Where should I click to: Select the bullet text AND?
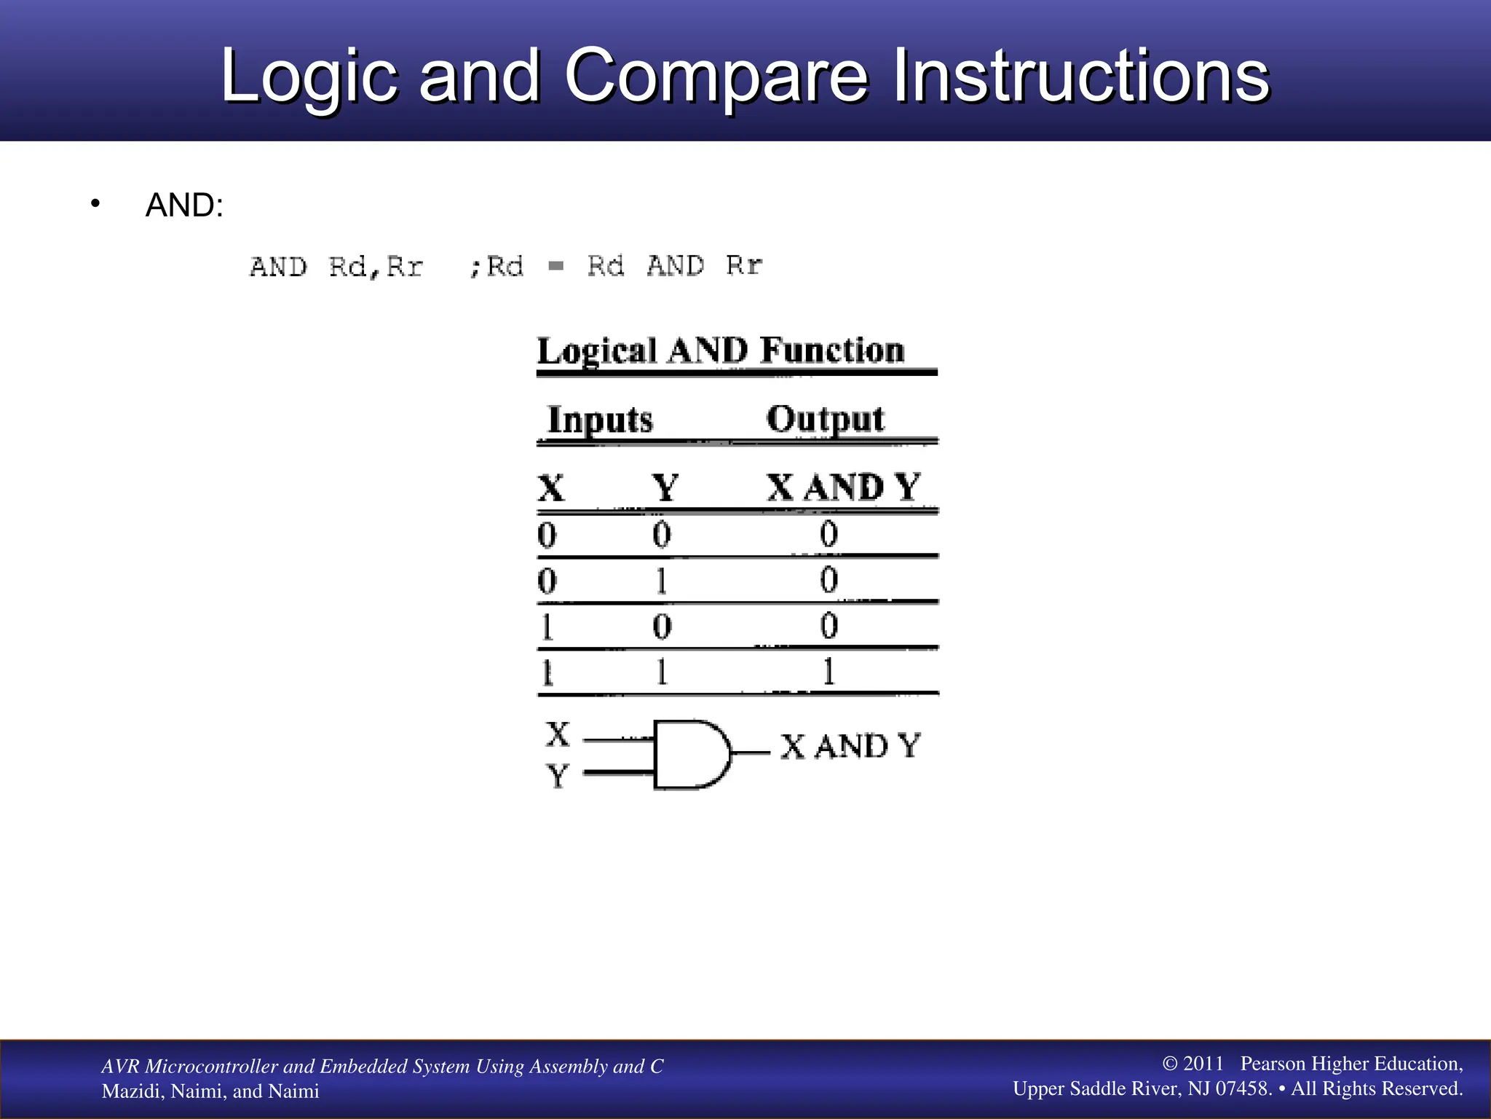[184, 205]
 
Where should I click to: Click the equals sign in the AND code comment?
[556, 266]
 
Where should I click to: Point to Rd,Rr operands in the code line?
[376, 267]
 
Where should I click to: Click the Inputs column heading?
[600, 420]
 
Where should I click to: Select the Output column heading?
[825, 420]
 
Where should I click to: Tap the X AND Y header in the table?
[844, 487]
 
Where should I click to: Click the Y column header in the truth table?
[665, 487]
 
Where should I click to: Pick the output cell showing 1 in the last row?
[828, 672]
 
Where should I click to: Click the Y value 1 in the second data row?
[661, 581]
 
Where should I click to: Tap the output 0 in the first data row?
[828, 535]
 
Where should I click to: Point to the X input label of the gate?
[558, 734]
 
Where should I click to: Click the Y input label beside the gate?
[558, 776]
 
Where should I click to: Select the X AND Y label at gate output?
[850, 747]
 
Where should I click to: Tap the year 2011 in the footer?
[1203, 1064]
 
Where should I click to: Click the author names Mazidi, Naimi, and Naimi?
[210, 1091]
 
